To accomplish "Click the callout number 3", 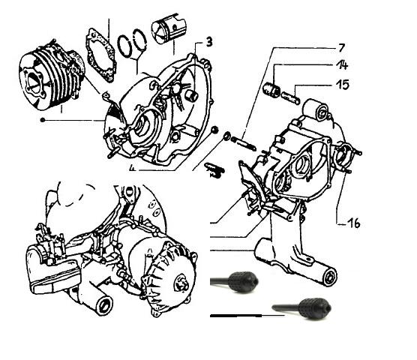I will (208, 39).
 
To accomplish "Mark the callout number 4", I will (131, 168).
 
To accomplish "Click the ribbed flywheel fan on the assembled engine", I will (171, 281).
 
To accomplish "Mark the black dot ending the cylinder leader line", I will (46, 120).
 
